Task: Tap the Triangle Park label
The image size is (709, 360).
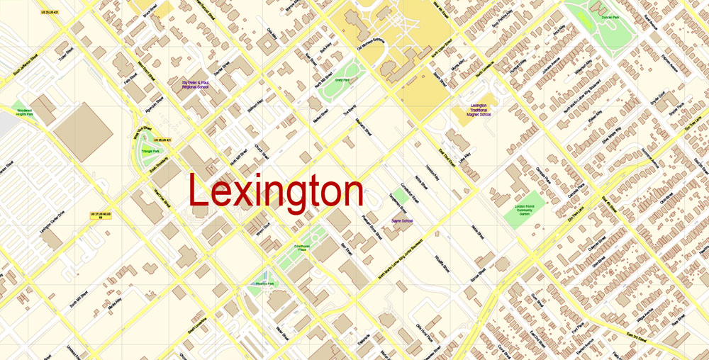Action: pos(150,151)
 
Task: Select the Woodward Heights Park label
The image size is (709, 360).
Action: pos(24,112)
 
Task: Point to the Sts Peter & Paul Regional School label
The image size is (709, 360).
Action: pos(194,84)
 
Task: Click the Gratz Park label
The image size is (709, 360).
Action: pos(342,81)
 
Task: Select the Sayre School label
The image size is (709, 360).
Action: pos(401,221)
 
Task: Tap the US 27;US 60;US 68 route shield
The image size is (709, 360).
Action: pos(101,215)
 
